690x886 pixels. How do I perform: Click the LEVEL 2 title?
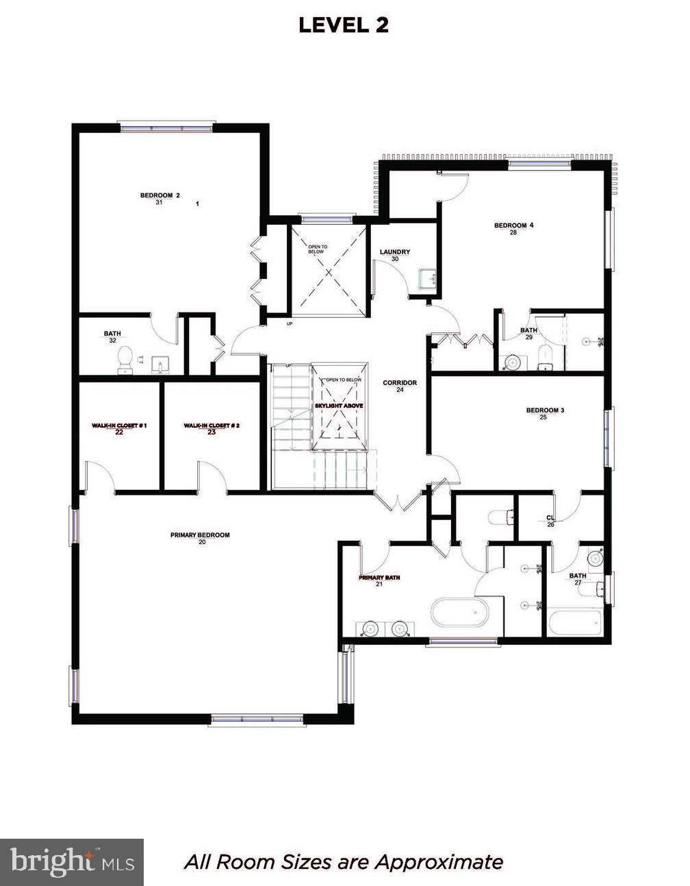click(344, 25)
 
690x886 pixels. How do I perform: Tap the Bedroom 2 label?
click(159, 196)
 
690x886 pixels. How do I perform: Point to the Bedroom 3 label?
click(545, 410)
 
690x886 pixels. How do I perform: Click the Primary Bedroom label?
click(200, 535)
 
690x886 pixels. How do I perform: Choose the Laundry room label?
click(395, 252)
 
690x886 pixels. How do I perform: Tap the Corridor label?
click(400, 383)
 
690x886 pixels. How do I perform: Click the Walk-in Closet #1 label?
click(119, 426)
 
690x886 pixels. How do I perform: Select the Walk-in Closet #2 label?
click(211, 426)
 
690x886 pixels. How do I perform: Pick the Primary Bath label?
click(379, 578)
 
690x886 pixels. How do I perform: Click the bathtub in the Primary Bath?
click(460, 612)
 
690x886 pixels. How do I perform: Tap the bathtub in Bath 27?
click(576, 623)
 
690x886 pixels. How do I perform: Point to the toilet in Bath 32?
click(125, 357)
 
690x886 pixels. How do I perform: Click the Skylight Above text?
click(339, 406)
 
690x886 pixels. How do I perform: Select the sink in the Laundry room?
click(429, 278)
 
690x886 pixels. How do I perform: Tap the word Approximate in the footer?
click(438, 861)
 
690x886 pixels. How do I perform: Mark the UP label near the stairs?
click(290, 323)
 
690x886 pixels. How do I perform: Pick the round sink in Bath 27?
click(596, 558)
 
